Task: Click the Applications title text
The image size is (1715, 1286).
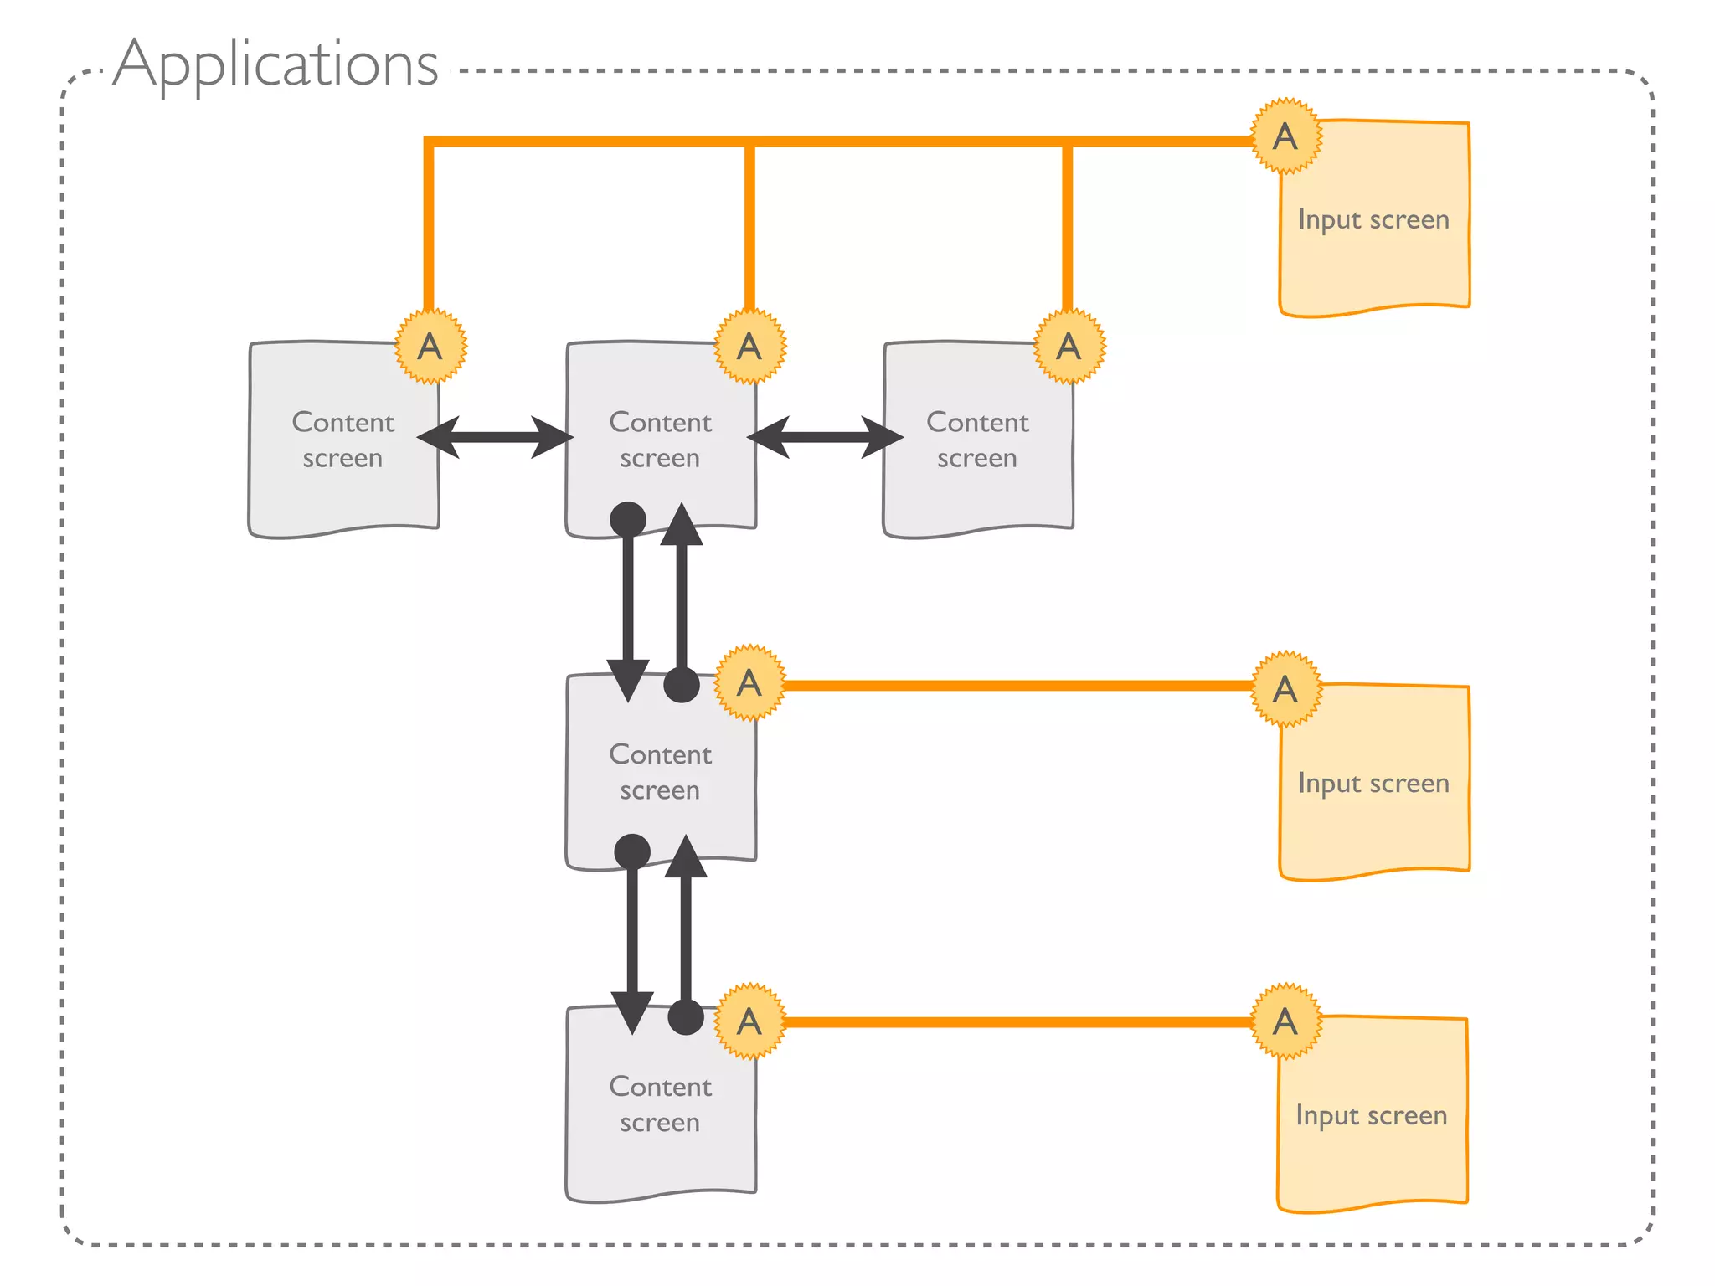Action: pyautogui.click(x=276, y=65)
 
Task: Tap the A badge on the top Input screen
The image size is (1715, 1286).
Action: pyautogui.click(x=1285, y=136)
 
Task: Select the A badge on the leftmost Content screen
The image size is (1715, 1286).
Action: pyautogui.click(x=430, y=346)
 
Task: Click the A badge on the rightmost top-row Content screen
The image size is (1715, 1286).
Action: pyautogui.click(x=1069, y=346)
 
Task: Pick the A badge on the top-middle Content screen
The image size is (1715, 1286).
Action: pyautogui.click(x=749, y=346)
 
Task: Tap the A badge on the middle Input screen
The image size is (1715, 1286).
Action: pyautogui.click(x=1285, y=688)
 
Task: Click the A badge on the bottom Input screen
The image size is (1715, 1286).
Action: pyautogui.click(x=1285, y=1021)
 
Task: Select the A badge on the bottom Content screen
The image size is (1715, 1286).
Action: pyautogui.click(x=749, y=1021)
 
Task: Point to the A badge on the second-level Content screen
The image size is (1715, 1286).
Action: pyautogui.click(x=749, y=682)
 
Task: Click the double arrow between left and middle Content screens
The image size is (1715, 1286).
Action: pyautogui.click(x=495, y=437)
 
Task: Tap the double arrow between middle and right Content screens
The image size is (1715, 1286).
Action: pyautogui.click(x=825, y=437)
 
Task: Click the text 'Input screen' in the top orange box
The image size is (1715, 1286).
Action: pyautogui.click(x=1373, y=219)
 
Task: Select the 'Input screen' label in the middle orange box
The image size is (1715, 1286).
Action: pyautogui.click(x=1373, y=783)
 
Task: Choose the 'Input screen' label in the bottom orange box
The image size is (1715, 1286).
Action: pyautogui.click(x=1372, y=1115)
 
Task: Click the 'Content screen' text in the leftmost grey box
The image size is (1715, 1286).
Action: pyautogui.click(x=343, y=440)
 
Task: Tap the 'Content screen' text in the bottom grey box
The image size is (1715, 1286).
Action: pyautogui.click(x=661, y=1103)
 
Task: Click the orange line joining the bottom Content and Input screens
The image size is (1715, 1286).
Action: pyautogui.click(x=1017, y=1022)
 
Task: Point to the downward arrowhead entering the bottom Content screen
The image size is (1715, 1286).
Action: pyautogui.click(x=632, y=1011)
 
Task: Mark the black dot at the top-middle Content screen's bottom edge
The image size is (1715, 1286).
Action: pyautogui.click(x=628, y=519)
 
